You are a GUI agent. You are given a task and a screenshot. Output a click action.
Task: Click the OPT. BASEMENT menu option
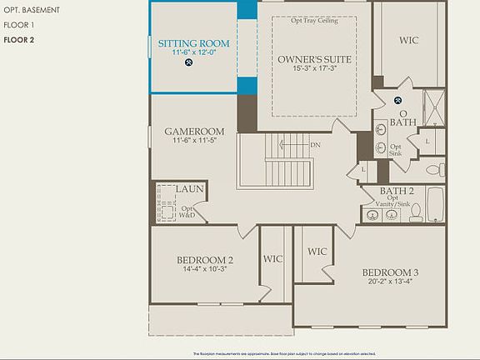tap(31, 10)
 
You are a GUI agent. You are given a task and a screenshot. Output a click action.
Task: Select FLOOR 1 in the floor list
tap(19, 25)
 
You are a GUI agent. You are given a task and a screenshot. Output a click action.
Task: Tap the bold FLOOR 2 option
tap(19, 39)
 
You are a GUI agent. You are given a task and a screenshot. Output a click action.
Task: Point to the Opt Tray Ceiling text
tap(314, 21)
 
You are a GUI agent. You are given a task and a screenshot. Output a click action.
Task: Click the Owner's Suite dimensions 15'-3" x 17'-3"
tap(314, 68)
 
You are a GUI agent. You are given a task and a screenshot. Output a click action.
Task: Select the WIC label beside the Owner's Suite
tap(408, 39)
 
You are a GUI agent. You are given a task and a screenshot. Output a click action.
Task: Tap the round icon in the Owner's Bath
tap(397, 100)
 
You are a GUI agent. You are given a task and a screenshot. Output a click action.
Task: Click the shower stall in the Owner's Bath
tap(433, 106)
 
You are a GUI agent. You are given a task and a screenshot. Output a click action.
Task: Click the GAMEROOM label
tap(193, 132)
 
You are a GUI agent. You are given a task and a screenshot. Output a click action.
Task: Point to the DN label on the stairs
tap(315, 144)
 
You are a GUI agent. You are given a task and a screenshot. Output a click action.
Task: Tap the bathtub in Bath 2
tap(435, 205)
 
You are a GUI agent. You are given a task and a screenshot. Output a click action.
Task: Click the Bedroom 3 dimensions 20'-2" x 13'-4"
tap(389, 282)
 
